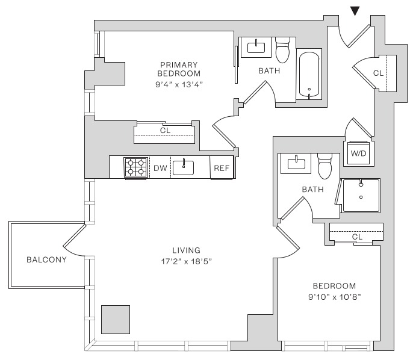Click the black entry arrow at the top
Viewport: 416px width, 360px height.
[x=356, y=10]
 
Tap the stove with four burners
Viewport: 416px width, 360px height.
[x=136, y=167]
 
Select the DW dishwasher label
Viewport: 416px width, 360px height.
[x=160, y=168]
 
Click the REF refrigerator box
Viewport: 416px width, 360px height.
[x=222, y=168]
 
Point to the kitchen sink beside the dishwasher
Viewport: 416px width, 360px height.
[x=184, y=167]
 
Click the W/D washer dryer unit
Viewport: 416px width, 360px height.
[x=358, y=154]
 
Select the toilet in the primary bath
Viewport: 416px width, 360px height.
[x=283, y=51]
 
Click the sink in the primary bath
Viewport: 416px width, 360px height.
[x=258, y=47]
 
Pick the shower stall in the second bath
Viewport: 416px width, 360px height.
[x=361, y=195]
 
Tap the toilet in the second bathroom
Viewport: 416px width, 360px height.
[x=325, y=166]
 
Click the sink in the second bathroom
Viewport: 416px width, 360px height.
[x=296, y=163]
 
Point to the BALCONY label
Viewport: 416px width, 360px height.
[x=46, y=260]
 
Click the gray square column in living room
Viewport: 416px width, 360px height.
[x=116, y=319]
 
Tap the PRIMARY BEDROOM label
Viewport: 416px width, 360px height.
[x=179, y=69]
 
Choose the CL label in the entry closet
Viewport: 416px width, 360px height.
[x=378, y=73]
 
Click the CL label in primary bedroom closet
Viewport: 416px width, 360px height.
[x=164, y=130]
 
